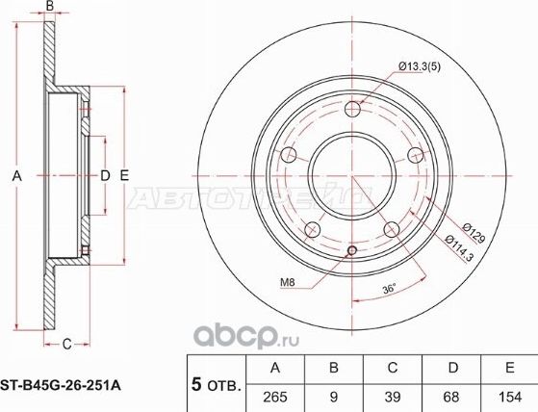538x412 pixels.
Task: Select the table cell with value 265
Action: [x=276, y=396]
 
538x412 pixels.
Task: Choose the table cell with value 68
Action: [x=452, y=396]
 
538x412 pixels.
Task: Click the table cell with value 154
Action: [x=509, y=396]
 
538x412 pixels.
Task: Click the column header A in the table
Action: [x=276, y=367]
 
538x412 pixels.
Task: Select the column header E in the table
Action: [x=509, y=367]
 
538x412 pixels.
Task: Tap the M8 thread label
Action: [x=288, y=282]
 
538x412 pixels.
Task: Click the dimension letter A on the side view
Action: [x=14, y=175]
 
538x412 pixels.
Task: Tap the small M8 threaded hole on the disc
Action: [x=351, y=252]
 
